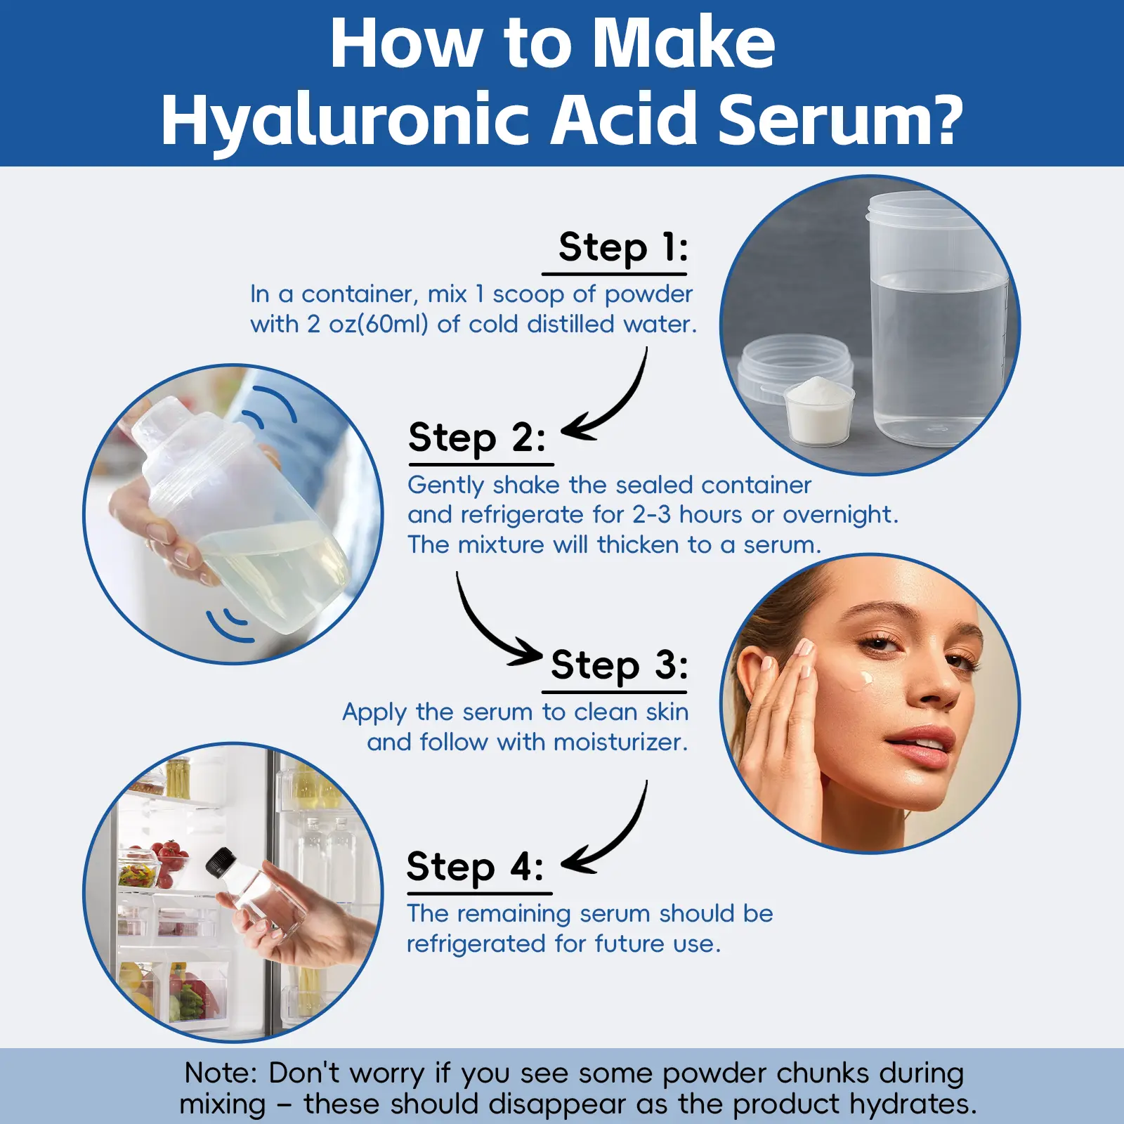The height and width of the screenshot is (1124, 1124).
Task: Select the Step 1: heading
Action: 623,248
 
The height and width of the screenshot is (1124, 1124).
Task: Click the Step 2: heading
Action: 477,438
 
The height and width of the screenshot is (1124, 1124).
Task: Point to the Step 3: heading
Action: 620,665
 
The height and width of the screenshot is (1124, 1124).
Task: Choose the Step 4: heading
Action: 476,867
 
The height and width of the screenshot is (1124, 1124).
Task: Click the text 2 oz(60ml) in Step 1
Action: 367,325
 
